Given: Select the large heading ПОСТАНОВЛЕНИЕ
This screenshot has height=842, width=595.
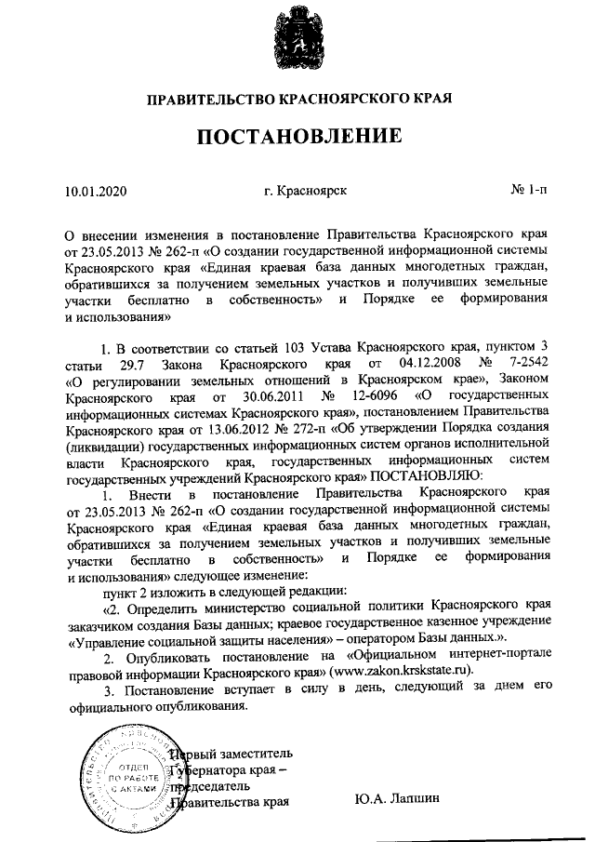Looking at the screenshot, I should (x=297, y=138).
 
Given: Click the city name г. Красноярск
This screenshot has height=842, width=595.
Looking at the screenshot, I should (x=305, y=192).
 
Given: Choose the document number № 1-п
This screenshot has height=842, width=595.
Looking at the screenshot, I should (x=529, y=192).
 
